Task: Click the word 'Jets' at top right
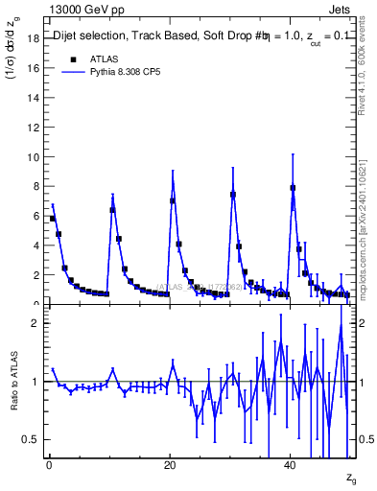[x=343, y=8]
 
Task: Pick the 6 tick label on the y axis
[x=35, y=216]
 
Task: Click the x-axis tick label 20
[x=170, y=466]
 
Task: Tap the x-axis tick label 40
[x=291, y=466]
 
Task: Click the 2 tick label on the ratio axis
[x=35, y=323]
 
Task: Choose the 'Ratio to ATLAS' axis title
[x=12, y=381]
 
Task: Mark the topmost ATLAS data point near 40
[x=293, y=188]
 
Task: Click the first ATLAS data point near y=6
[x=53, y=219]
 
